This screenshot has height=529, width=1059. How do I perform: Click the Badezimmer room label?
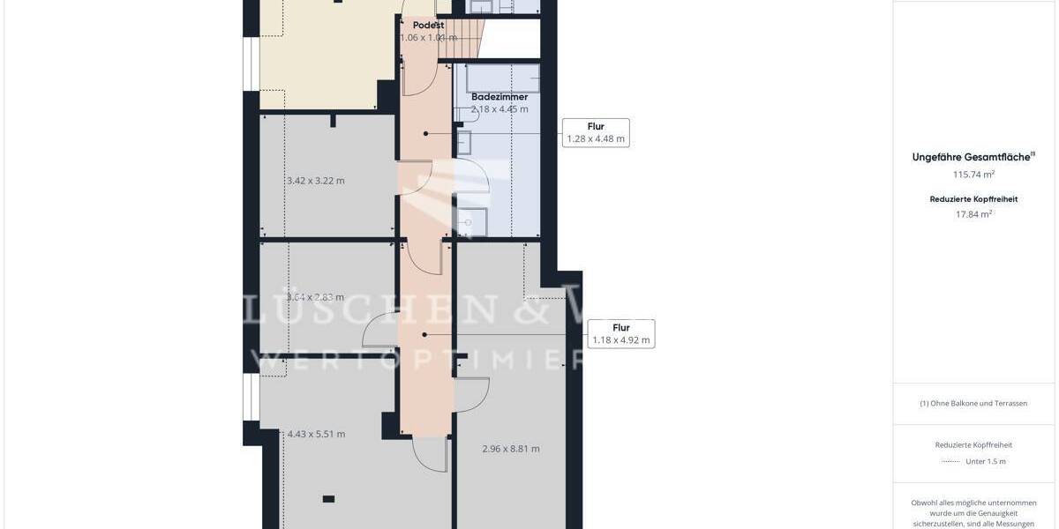499,96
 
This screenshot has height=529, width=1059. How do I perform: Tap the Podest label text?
428,25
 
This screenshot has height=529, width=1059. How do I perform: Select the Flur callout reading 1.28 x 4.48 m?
596,132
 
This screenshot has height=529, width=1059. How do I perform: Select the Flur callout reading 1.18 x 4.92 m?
620,333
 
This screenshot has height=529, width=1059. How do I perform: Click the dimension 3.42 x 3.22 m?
315,181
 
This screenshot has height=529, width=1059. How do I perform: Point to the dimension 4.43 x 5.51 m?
316,434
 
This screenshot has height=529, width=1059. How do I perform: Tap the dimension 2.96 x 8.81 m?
510,448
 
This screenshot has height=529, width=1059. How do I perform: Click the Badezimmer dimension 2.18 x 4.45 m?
499,109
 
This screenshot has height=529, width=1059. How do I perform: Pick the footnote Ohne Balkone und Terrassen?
973,403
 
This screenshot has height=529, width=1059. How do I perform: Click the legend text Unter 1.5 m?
985,461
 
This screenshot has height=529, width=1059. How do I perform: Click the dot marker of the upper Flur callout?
425,133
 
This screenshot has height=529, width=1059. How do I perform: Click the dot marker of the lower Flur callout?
424,334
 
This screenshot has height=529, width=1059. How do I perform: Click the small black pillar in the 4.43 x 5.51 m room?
328,499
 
